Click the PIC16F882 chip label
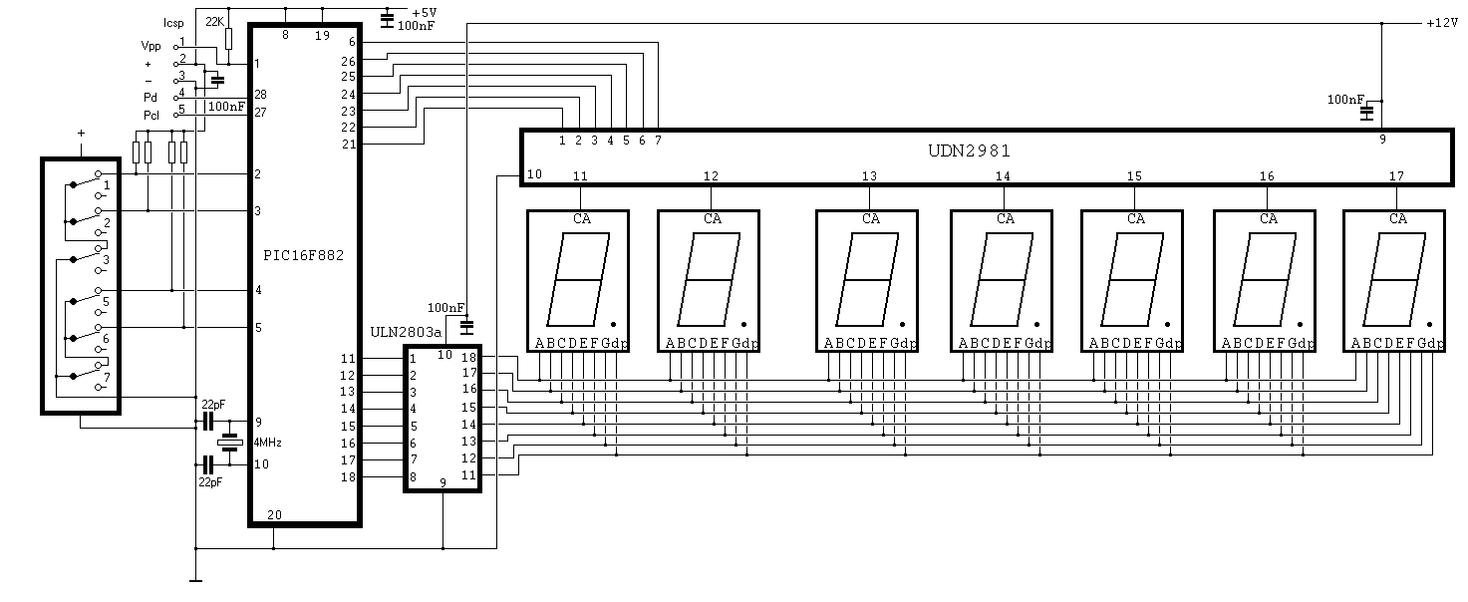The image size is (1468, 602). point(303,255)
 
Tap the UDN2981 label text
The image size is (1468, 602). point(970,150)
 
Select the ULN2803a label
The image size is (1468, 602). point(406,332)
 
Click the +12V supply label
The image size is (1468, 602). point(1442,23)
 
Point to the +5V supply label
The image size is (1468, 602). point(424,12)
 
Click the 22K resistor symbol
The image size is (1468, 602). point(228,39)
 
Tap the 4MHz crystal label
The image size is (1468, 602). point(267,443)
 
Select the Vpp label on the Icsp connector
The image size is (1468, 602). point(150,47)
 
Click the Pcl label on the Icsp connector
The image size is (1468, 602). point(151,116)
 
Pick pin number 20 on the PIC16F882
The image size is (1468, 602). point(275,515)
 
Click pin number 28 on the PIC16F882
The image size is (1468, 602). point(260,95)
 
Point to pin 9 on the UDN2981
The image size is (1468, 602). point(1383,139)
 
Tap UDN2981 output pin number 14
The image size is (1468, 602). point(1003,176)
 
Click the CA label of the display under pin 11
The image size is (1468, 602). point(581,219)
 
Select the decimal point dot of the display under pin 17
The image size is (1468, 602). point(1429,324)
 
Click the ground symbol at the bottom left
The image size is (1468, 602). point(195,580)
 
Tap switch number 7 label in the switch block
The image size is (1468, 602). point(107,378)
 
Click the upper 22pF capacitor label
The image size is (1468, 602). point(213,405)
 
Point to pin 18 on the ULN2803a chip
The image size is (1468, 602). point(469,357)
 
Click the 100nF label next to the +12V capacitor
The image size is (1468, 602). point(1345,100)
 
